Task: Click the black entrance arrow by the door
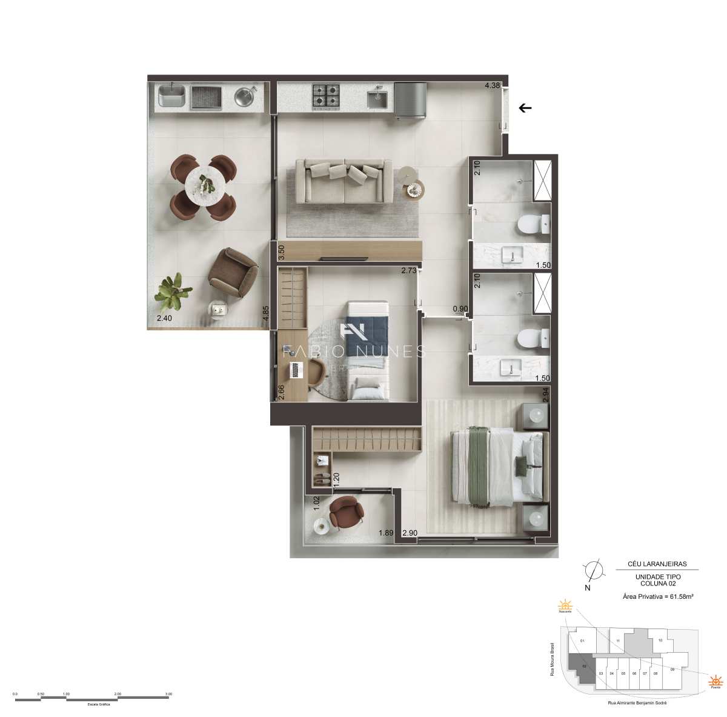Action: click(525, 108)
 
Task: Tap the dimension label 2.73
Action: click(409, 271)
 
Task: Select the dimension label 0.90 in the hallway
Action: click(460, 309)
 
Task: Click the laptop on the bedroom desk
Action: click(296, 369)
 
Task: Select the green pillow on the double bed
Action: click(520, 465)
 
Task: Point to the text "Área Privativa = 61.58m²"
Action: click(658, 596)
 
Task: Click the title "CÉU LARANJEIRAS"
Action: click(658, 564)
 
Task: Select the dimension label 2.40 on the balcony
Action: click(164, 319)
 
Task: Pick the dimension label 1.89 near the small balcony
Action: click(386, 533)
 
